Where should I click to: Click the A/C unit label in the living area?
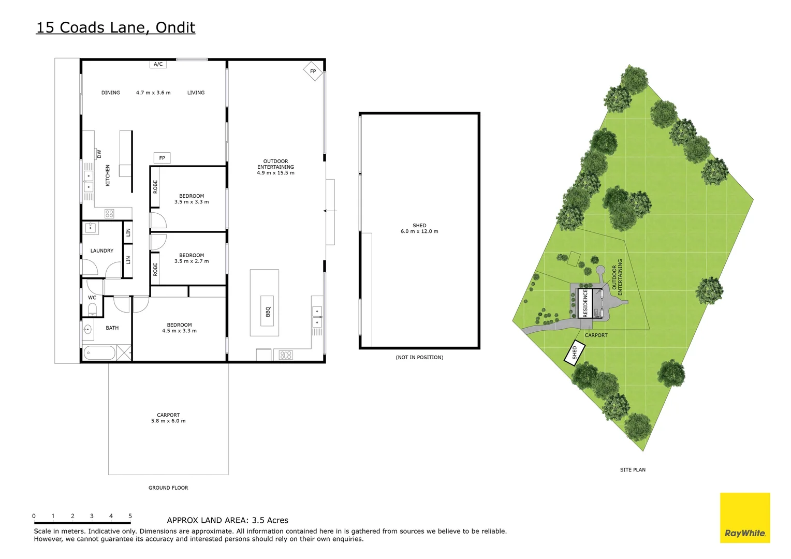tap(158, 64)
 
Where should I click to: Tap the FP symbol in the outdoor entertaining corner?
tap(313, 71)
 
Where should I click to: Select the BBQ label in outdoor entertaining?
tap(268, 312)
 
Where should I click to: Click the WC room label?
tap(92, 298)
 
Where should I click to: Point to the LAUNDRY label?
tap(102, 251)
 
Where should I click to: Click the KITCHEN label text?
tap(108, 175)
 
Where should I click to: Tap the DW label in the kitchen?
tap(99, 154)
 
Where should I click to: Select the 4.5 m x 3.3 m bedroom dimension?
tap(179, 331)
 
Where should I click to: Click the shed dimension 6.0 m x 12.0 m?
tap(419, 231)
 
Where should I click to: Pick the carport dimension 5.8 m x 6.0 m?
tap(168, 421)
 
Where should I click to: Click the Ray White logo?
tap(745, 518)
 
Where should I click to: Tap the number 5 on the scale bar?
tap(130, 516)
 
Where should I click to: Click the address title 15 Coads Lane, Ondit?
tap(115, 27)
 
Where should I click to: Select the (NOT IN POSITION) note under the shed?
tap(419, 357)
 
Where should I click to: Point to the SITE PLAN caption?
tap(633, 470)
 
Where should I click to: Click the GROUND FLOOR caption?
tap(168, 488)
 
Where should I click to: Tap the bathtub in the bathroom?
tap(99, 354)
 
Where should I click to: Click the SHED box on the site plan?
tap(574, 353)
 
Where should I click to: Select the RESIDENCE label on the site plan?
tap(585, 303)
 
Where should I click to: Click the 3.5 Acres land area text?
tap(270, 520)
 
